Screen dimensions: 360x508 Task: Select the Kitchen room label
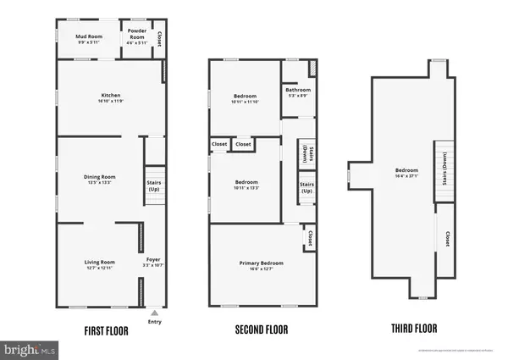(x=111, y=95)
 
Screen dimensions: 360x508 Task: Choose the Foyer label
(x=152, y=259)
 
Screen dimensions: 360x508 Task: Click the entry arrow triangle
(x=153, y=311)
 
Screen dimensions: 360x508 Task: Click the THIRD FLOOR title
(x=415, y=331)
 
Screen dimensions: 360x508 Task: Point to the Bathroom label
(x=297, y=91)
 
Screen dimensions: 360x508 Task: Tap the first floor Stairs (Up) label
(x=154, y=186)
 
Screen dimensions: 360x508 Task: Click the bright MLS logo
(x=30, y=349)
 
